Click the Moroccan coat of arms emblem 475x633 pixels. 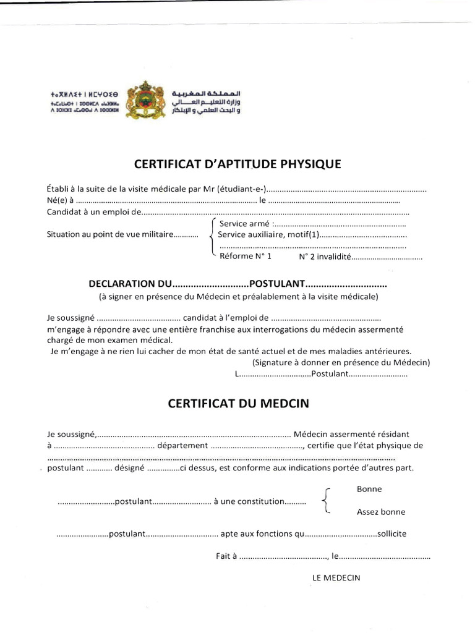(x=145, y=100)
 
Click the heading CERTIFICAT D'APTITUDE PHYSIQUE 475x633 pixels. (x=237, y=164)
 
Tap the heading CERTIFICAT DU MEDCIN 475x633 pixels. (x=238, y=404)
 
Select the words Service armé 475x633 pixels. (x=245, y=223)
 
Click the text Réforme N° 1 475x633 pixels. (x=245, y=256)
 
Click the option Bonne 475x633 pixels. (x=369, y=489)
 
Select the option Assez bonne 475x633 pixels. (x=381, y=512)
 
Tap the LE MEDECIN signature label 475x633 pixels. (x=336, y=578)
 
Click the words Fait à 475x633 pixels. (x=226, y=556)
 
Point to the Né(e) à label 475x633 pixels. (x=60, y=200)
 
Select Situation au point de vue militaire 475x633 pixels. (x=109, y=234)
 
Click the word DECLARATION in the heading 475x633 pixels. (x=121, y=284)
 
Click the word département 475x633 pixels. (x=182, y=445)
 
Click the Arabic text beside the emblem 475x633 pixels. (x=206, y=100)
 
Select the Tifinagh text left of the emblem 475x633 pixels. (x=85, y=100)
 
